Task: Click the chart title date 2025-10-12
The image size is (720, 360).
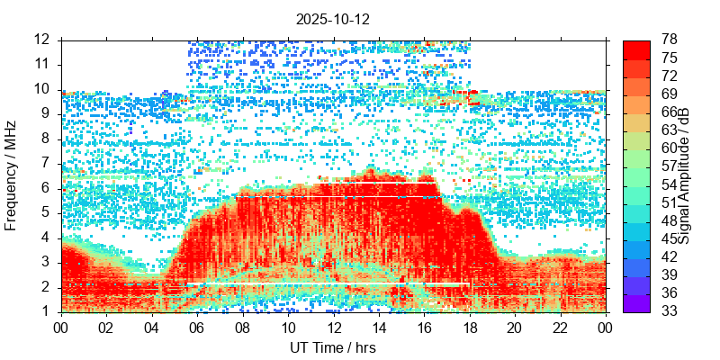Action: click(x=332, y=18)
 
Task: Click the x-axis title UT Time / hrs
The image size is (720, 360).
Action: click(x=332, y=347)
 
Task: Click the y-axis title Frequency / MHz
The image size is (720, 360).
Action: click(x=12, y=176)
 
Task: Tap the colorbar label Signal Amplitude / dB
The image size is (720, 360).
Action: click(x=685, y=176)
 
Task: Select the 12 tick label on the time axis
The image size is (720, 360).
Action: click(x=333, y=327)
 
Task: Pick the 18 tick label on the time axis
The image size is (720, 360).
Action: click(x=469, y=327)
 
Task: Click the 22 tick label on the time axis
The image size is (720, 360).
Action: click(x=560, y=327)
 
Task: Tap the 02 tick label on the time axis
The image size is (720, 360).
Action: click(x=106, y=327)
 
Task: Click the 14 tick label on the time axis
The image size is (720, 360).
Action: click(x=378, y=327)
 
